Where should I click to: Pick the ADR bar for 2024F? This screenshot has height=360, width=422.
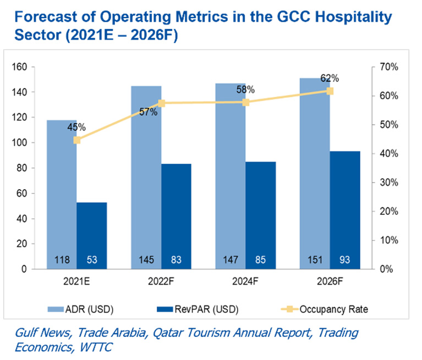231,176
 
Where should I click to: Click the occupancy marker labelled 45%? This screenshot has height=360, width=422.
77,140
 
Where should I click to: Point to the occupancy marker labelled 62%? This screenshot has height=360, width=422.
330,91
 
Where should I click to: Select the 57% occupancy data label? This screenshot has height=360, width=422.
149,112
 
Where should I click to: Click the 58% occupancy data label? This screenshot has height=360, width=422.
246,89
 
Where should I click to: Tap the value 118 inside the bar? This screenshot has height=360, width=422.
62,259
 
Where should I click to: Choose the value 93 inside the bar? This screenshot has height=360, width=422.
345,259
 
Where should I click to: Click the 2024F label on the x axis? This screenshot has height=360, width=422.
246,282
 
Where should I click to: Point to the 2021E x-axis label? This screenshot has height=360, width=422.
76,282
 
